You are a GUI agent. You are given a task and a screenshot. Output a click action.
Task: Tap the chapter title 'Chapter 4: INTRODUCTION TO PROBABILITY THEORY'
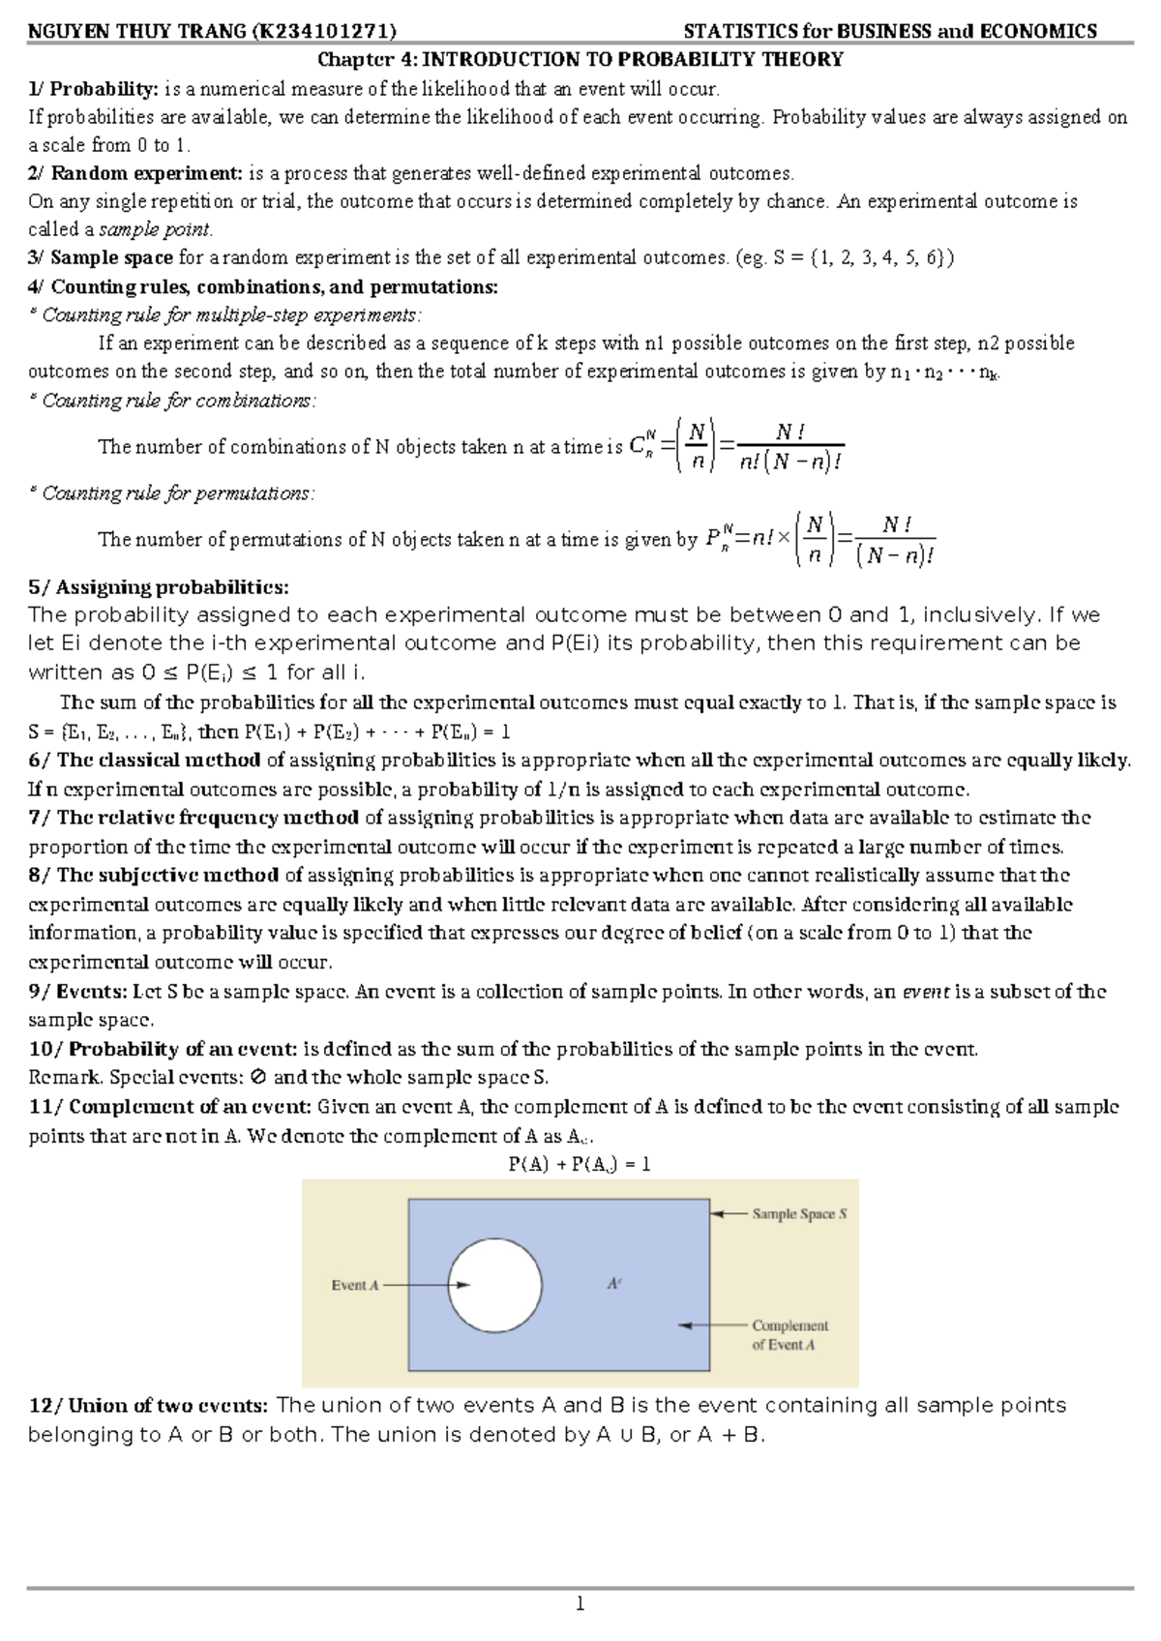[580, 60]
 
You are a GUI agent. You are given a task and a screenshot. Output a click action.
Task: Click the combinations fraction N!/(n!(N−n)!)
[789, 448]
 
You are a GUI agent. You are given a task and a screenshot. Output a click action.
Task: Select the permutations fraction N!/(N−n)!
[895, 540]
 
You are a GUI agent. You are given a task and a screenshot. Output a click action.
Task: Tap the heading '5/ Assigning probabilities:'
[159, 587]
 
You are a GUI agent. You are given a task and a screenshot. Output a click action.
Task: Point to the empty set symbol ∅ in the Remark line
[256, 1078]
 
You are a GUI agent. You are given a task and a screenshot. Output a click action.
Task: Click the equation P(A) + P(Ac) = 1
[580, 1165]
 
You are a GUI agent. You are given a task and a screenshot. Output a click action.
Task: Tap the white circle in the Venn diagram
[494, 1285]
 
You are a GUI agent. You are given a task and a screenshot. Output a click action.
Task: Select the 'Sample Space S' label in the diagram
[799, 1214]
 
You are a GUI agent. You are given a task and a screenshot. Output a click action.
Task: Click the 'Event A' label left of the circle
[354, 1286]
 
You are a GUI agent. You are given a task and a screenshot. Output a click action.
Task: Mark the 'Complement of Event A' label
[789, 1335]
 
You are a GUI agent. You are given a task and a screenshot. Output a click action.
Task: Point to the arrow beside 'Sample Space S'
[729, 1213]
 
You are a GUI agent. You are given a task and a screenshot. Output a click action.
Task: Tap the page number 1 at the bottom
[580, 1604]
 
